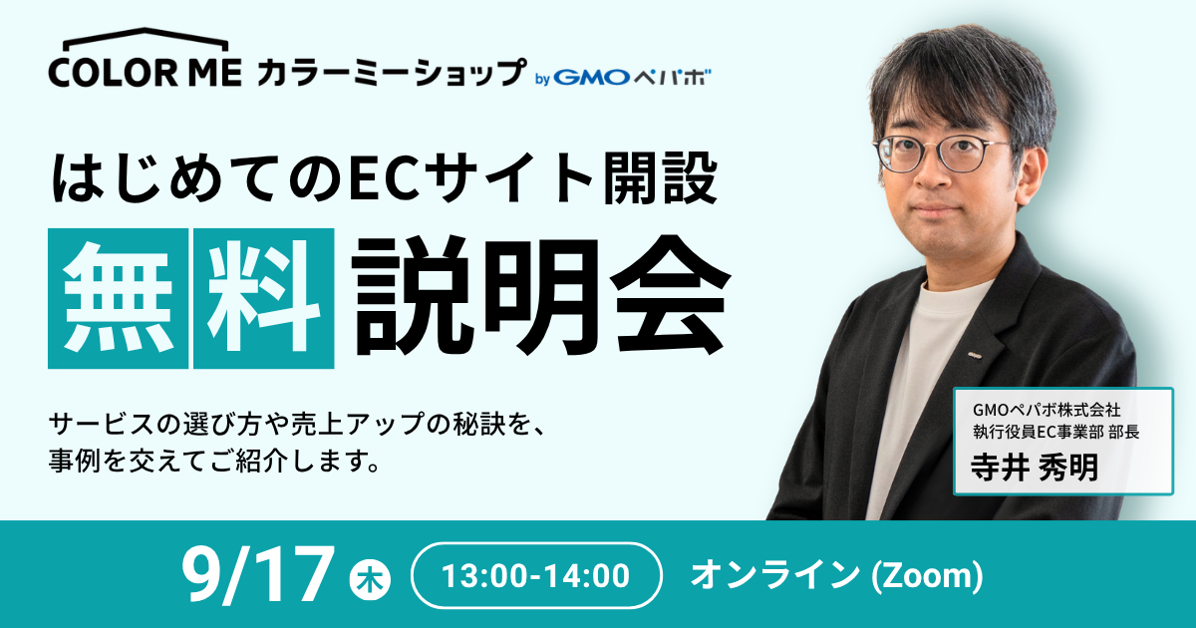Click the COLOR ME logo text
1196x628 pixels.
point(146,73)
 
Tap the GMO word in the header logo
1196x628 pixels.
point(591,78)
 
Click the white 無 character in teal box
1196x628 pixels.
point(118,298)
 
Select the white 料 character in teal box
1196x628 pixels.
point(264,298)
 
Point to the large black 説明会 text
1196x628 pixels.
point(540,295)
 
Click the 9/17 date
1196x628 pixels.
point(255,575)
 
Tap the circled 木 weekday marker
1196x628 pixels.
point(370,580)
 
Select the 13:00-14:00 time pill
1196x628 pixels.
point(536,576)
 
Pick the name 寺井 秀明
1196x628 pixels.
point(1035,468)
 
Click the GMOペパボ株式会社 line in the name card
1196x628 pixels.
point(1046,410)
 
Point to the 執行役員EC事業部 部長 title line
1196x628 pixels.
point(1056,432)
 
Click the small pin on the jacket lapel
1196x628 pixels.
point(975,354)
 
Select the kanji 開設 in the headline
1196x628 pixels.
point(660,177)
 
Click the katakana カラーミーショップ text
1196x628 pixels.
point(391,73)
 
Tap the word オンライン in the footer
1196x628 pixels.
point(775,575)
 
